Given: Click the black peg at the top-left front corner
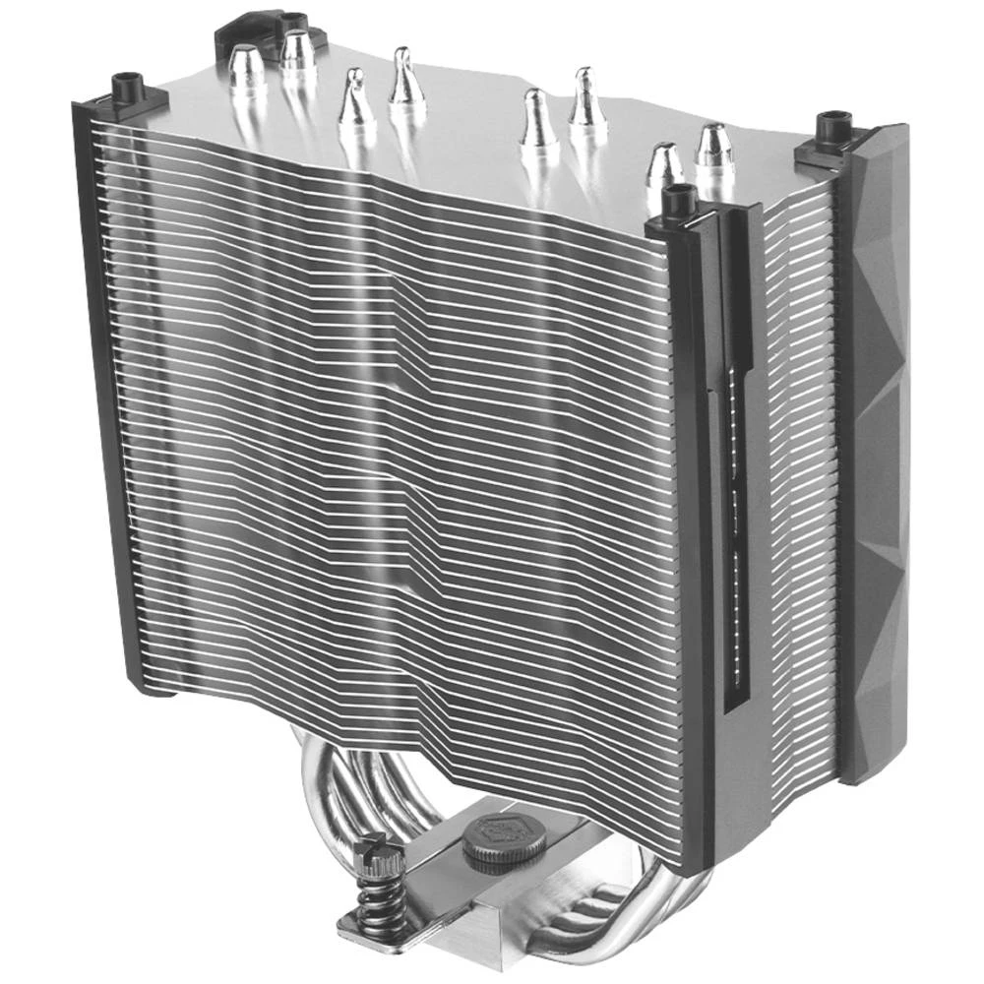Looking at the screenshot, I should click(x=128, y=89).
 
